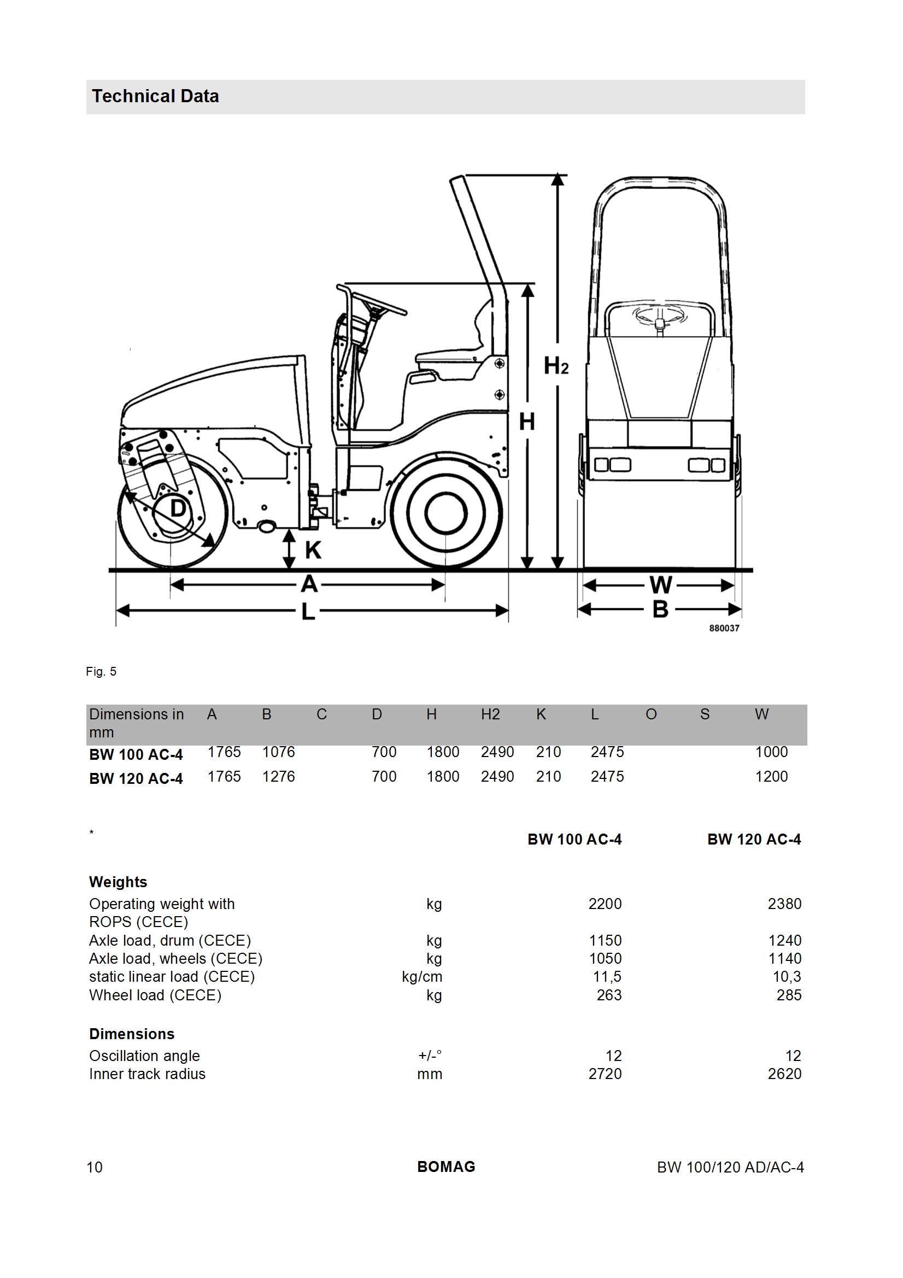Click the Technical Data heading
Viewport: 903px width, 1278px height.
(x=155, y=96)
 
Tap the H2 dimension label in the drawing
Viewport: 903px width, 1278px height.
(x=555, y=366)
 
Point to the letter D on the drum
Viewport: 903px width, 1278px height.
(x=178, y=508)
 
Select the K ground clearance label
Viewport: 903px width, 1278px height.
(x=313, y=550)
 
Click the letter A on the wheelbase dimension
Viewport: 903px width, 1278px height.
(x=309, y=584)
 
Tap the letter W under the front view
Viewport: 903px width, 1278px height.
(x=661, y=585)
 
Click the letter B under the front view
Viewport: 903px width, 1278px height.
(x=660, y=610)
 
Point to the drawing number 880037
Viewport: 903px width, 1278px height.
(x=724, y=628)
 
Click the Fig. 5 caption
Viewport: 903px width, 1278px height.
(x=101, y=671)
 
